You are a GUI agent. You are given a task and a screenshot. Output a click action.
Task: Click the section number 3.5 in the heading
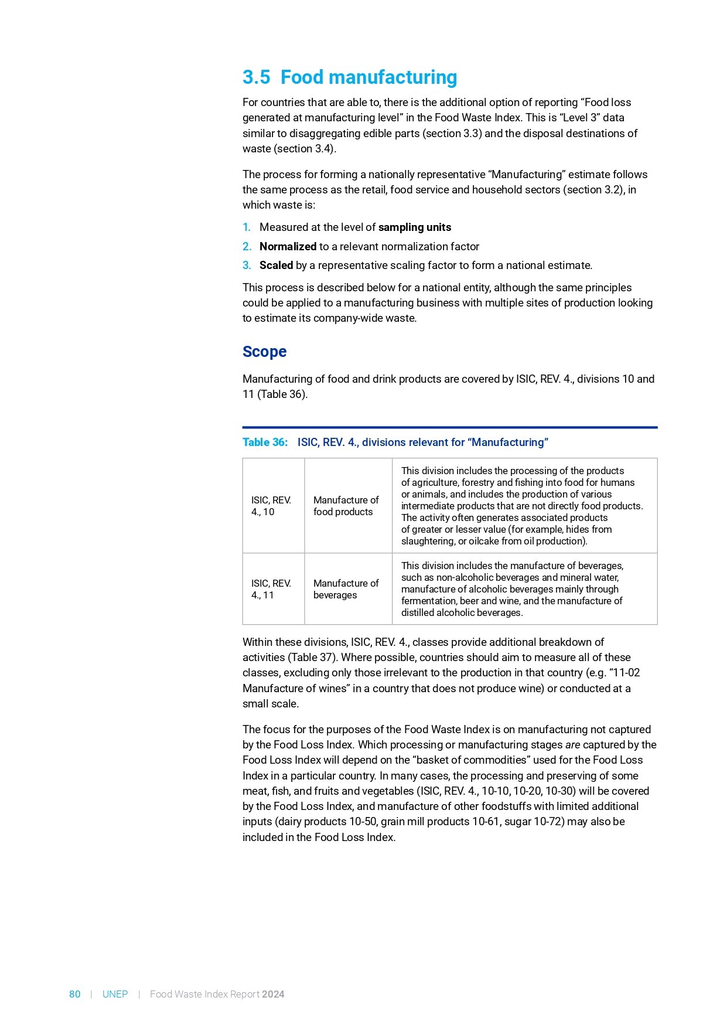(x=256, y=77)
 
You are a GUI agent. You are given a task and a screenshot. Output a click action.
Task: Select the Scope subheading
(x=264, y=352)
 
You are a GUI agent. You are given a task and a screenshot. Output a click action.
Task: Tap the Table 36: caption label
(x=265, y=442)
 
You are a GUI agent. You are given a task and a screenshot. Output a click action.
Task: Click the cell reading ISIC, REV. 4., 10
(x=271, y=506)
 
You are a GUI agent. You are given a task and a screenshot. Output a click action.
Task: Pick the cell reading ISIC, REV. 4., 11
(x=271, y=589)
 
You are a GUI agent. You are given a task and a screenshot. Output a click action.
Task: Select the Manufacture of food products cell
(x=346, y=506)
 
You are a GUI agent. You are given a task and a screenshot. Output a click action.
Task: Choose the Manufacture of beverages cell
(x=346, y=589)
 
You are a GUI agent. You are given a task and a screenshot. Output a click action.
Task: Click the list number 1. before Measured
(x=247, y=227)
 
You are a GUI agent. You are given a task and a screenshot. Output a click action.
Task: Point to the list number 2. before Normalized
(x=247, y=247)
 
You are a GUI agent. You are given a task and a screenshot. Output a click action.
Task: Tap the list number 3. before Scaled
(x=247, y=265)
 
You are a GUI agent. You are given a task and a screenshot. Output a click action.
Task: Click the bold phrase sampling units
(x=415, y=227)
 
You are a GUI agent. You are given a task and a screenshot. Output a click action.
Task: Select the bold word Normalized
(x=288, y=247)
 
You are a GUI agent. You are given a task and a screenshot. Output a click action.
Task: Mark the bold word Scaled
(x=276, y=265)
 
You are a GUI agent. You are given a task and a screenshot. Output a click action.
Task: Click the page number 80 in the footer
(x=75, y=994)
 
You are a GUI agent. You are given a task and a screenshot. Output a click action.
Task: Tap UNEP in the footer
(x=115, y=994)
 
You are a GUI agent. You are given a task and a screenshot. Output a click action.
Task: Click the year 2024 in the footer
(x=273, y=994)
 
